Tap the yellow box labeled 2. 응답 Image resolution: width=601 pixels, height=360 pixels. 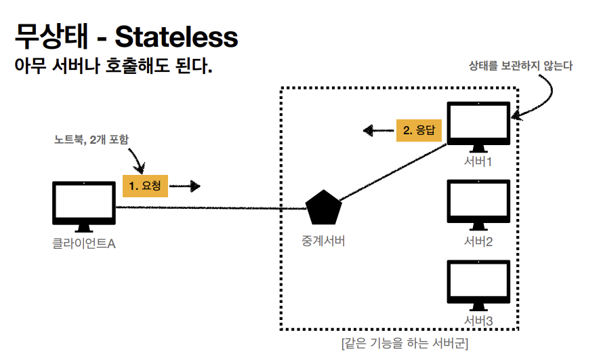(419, 130)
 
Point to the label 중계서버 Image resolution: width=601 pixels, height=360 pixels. (323, 241)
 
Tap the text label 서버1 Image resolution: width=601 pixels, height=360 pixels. (478, 163)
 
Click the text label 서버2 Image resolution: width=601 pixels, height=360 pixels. (478, 241)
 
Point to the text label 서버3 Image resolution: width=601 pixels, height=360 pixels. (478, 319)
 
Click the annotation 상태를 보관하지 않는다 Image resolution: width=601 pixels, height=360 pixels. (520, 66)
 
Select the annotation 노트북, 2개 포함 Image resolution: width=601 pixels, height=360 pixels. (91, 140)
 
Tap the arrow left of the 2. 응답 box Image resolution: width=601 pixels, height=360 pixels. (376, 130)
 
